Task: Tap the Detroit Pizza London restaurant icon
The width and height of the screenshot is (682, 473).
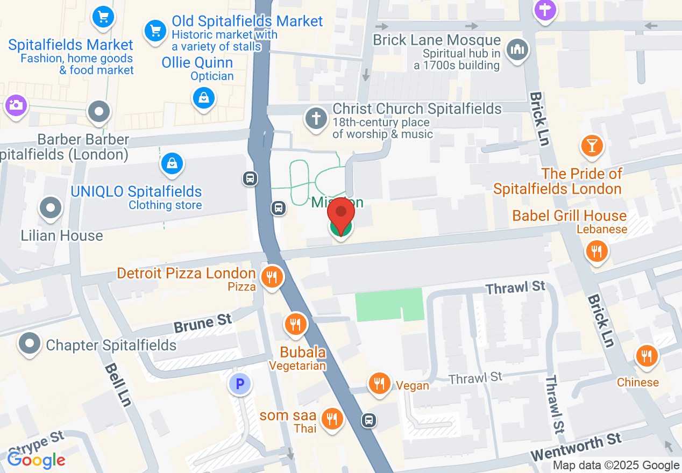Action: tap(272, 277)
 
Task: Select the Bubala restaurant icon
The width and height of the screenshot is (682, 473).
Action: tap(295, 324)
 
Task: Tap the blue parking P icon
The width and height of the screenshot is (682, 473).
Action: tap(240, 384)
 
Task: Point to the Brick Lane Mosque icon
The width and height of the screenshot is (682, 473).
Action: tap(517, 50)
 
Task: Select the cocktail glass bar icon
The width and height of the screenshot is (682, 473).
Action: tap(592, 145)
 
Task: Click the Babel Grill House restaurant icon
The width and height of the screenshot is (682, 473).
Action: tap(596, 250)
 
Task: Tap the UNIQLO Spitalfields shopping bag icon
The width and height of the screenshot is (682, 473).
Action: tap(172, 163)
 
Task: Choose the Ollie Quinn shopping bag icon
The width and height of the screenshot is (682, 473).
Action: tap(204, 98)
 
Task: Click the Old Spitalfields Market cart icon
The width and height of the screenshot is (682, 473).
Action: tap(155, 30)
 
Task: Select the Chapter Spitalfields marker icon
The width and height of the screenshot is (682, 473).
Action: tap(30, 342)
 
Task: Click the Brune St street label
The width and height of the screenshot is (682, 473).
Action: tap(203, 324)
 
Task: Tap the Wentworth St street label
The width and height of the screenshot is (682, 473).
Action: tap(576, 447)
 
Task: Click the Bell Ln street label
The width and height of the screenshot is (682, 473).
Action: tap(118, 384)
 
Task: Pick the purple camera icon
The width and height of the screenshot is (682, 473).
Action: tap(15, 104)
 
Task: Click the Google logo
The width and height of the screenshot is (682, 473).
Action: tap(37, 460)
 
